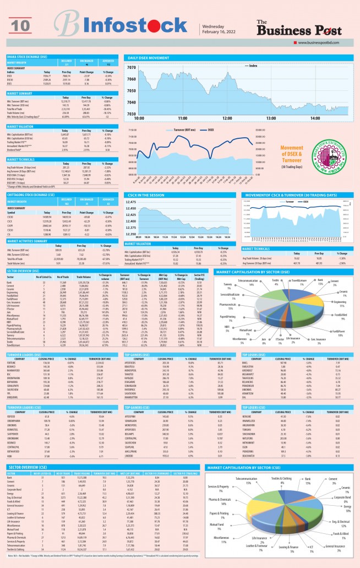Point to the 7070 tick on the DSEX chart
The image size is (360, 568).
pyautogui.click(x=131, y=68)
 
